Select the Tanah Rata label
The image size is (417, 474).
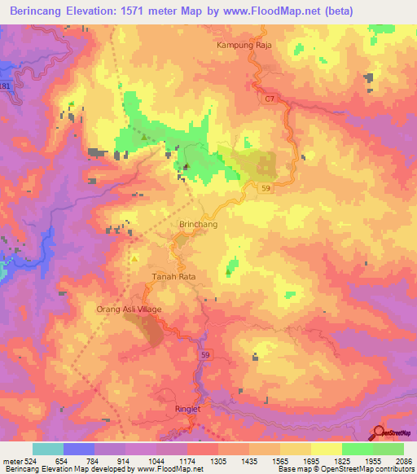[x=174, y=277]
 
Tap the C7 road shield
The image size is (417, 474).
[x=269, y=99]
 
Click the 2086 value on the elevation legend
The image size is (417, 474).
[x=403, y=460]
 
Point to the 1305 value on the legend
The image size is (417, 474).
[x=217, y=460]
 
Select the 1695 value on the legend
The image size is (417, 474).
[x=310, y=460]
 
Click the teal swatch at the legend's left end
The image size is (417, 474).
[x=48, y=449]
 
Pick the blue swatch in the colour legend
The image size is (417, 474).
[x=79, y=449]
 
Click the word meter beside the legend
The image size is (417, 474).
[x=10, y=460]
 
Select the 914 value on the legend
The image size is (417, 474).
[x=125, y=460]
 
